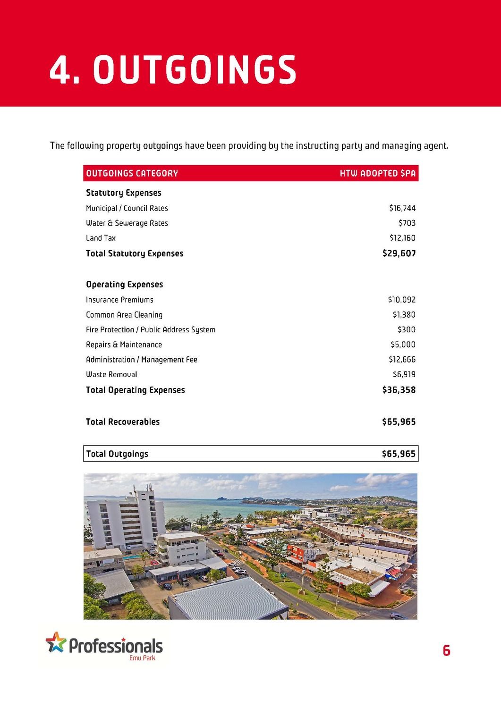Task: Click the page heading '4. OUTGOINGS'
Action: point(173,70)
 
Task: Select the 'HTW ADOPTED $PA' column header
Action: point(378,173)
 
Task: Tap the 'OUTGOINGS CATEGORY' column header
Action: point(132,173)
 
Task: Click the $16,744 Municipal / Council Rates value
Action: point(402,208)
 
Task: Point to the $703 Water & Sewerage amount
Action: point(407,223)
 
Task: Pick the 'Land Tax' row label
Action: point(101,238)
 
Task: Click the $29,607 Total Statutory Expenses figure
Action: point(399,253)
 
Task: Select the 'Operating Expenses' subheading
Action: point(124,284)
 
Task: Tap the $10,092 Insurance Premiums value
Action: point(402,300)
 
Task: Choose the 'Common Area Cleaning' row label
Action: point(124,315)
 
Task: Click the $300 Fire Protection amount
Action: point(407,329)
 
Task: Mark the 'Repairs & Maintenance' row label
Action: point(124,345)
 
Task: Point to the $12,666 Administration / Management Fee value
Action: point(402,360)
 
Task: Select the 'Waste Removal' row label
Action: point(111,374)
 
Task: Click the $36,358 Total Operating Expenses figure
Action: point(399,390)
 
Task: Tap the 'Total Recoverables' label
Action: point(123,422)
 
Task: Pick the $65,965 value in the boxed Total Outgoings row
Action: point(399,454)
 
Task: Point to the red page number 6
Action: point(447,651)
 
